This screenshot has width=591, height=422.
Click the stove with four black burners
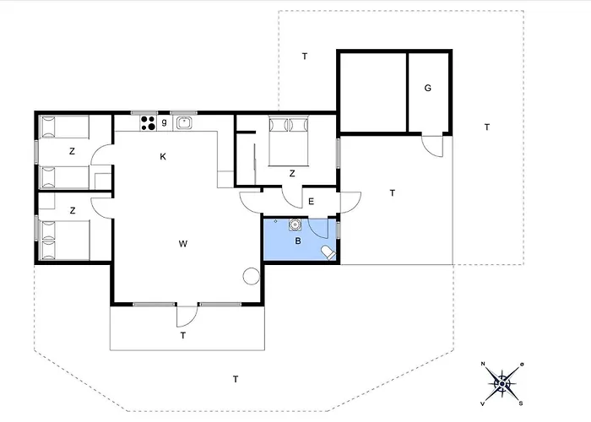(148, 123)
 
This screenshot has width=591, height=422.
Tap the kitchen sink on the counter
(184, 123)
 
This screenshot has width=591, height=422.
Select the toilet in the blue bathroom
(328, 252)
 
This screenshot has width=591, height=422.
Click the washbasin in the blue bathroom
(295, 225)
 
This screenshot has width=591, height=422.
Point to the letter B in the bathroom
(298, 241)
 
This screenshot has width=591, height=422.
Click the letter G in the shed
(427, 88)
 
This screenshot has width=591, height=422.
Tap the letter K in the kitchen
(163, 157)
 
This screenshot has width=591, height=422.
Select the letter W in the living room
(183, 244)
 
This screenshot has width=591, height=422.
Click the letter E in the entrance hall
(311, 202)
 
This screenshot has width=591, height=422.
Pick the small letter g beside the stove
(164, 122)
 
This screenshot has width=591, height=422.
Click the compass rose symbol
(502, 384)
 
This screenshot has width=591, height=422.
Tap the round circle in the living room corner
(252, 276)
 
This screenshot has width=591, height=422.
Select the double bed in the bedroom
(289, 141)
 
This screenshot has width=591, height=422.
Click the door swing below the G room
(432, 146)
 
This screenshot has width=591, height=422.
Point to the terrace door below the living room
(187, 316)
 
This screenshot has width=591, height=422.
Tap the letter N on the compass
(483, 364)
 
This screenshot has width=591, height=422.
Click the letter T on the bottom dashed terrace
(236, 379)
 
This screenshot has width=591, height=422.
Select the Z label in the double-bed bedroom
(292, 174)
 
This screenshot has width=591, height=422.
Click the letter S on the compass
(521, 403)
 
